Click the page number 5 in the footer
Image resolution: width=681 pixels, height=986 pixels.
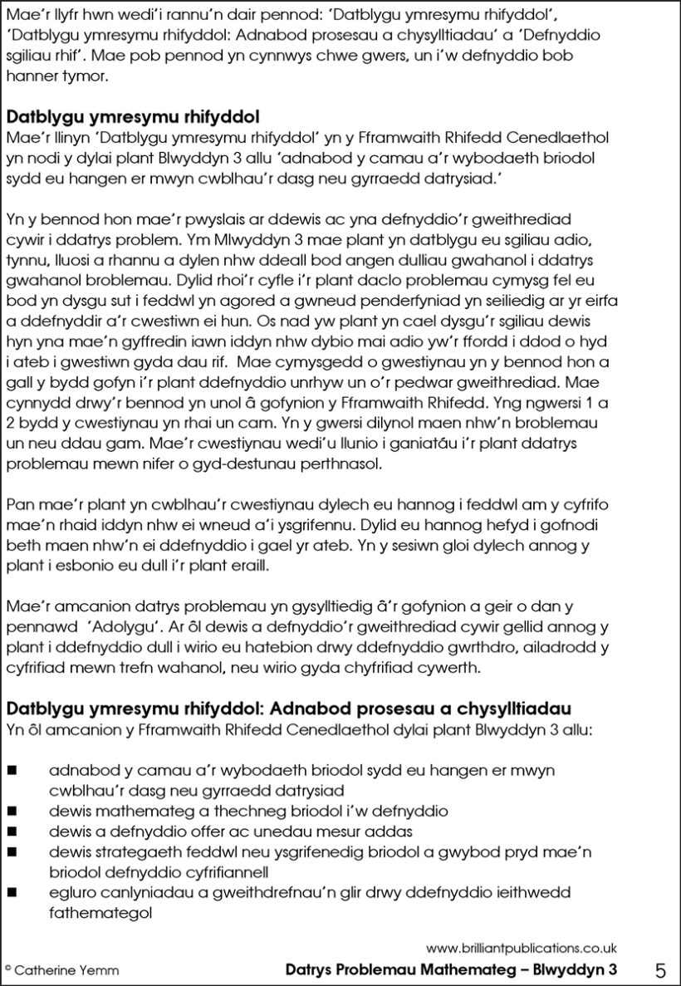(x=661, y=969)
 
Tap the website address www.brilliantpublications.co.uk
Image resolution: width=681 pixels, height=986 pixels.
(x=521, y=948)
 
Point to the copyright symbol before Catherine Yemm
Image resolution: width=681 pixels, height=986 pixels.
(x=7, y=969)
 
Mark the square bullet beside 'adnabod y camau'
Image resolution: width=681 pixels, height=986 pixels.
(x=12, y=770)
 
